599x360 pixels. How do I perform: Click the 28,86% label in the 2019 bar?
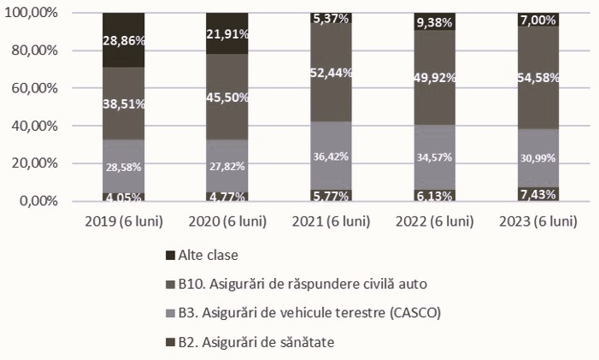[x=123, y=40]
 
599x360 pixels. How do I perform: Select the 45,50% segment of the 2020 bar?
[x=227, y=97]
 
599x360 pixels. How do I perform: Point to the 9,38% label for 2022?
[x=435, y=23]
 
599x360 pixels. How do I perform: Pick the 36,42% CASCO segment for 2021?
[x=330, y=157]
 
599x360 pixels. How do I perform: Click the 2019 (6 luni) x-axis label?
[x=123, y=221]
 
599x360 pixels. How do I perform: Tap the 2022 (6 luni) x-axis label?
[x=435, y=221]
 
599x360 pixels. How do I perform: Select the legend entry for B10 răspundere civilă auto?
[x=298, y=284]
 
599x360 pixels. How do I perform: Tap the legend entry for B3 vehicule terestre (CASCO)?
[x=303, y=313]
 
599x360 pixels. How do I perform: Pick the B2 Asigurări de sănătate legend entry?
[x=255, y=342]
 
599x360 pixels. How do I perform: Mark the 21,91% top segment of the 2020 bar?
[x=227, y=33]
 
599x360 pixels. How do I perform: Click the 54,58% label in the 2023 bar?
[x=538, y=78]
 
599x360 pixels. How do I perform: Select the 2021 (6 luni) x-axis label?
[x=330, y=221]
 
